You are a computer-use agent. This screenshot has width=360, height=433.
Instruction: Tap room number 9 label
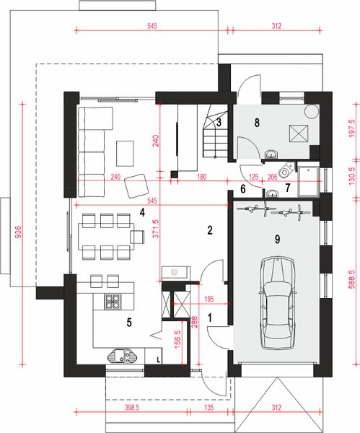point(278,239)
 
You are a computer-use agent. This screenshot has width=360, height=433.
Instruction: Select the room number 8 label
point(257,123)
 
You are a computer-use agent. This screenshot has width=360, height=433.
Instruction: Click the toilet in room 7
point(286,170)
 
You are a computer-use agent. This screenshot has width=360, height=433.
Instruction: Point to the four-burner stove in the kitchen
point(113,301)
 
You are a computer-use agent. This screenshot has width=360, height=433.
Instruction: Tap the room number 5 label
point(129,323)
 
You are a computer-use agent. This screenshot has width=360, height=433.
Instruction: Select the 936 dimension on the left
point(17,232)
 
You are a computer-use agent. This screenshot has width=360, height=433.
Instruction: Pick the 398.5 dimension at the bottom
point(132,408)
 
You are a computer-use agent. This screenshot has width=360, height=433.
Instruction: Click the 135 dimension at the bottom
point(208,408)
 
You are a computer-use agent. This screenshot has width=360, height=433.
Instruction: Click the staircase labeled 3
point(216,131)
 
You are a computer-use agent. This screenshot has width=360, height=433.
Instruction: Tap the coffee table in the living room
point(125,153)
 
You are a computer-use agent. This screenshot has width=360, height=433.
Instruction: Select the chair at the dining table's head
point(138,237)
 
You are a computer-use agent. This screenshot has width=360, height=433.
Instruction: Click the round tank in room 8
point(312,111)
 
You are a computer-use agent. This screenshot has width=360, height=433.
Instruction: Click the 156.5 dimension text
point(178,339)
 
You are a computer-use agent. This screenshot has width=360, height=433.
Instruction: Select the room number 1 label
point(210,318)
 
